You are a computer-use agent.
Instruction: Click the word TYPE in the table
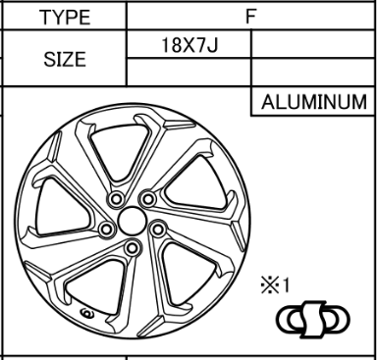(65, 18)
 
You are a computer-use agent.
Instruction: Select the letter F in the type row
(250, 16)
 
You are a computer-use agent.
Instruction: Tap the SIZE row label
(65, 60)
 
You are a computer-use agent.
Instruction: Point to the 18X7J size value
(189, 45)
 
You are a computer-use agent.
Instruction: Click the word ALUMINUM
(314, 102)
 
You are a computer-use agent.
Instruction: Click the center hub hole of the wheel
(132, 221)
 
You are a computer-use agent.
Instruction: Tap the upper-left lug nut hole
(116, 199)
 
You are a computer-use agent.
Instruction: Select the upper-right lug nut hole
(148, 199)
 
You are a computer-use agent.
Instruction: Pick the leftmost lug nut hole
(106, 230)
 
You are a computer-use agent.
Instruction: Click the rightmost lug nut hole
(158, 230)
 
